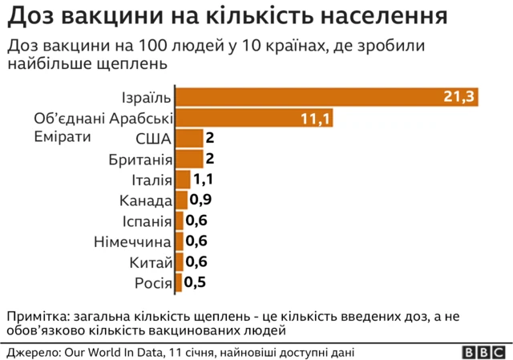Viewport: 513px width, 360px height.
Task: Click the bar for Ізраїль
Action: (327, 97)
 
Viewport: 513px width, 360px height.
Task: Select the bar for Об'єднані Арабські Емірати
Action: (253, 118)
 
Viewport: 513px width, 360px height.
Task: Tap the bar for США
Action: (189, 138)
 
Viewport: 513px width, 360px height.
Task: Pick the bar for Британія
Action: (189, 159)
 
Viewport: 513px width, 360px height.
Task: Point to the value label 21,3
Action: (459, 97)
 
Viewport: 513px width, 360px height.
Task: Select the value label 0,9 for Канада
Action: (200, 200)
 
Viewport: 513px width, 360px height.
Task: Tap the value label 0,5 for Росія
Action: (195, 282)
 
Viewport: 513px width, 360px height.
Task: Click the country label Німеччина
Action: (132, 241)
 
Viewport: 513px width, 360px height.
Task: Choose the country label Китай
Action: (151, 262)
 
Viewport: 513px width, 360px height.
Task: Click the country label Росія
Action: (151, 282)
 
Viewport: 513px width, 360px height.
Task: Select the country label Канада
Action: (145, 200)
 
